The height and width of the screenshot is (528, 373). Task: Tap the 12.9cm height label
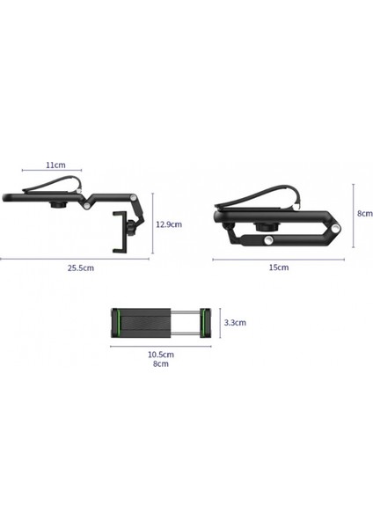coord(169,224)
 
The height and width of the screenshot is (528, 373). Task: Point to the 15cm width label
coord(278,267)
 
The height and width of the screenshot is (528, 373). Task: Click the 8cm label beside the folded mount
coord(365,212)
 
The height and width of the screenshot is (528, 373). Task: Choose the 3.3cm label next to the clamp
coord(235,323)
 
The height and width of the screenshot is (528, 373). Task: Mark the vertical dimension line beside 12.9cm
coord(153,224)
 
